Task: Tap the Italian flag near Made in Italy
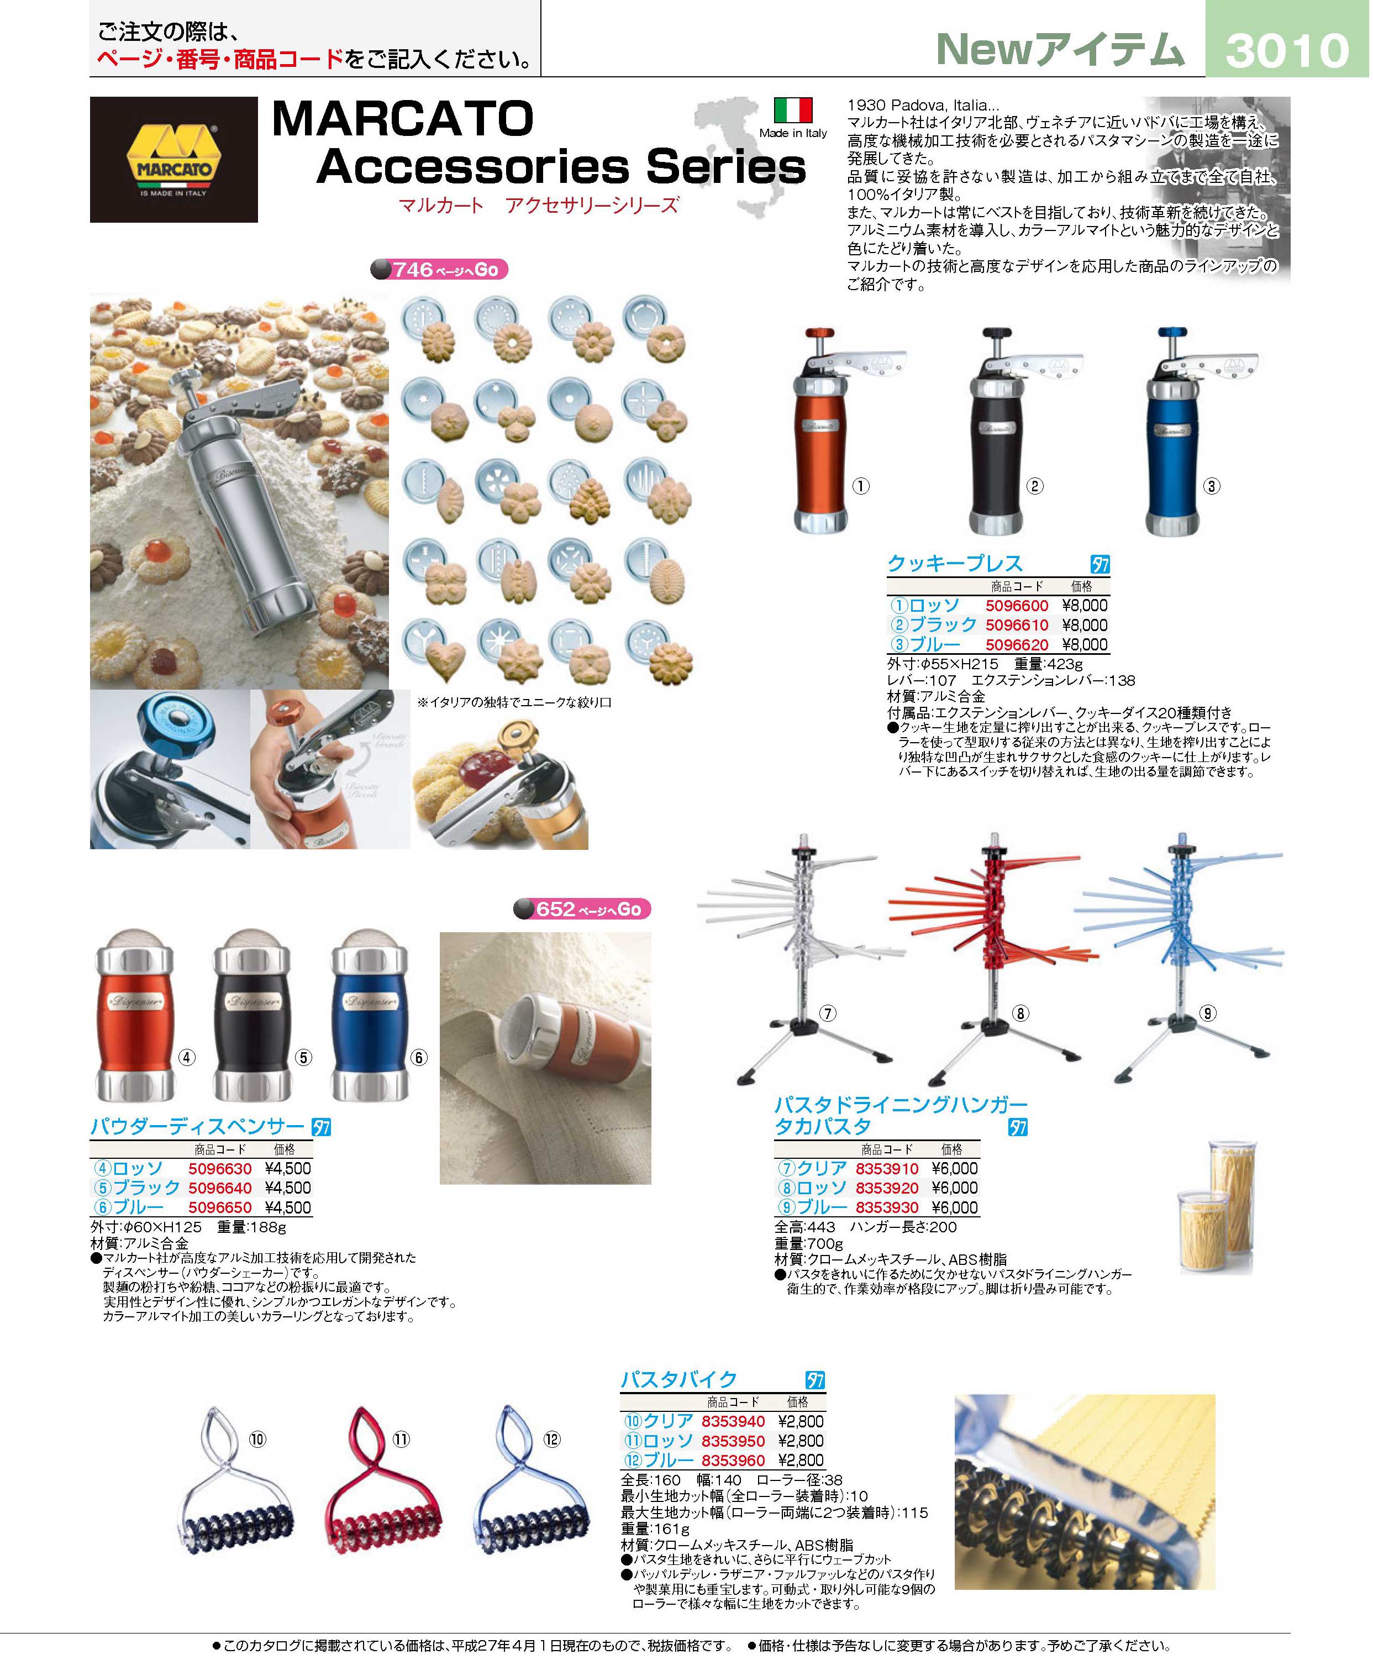coord(793,110)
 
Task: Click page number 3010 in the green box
coord(1287,50)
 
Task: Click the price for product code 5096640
coord(288,1188)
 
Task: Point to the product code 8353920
coord(887,1188)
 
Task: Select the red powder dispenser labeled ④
coord(134,1016)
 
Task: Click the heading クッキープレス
coord(955,564)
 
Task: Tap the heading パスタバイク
coord(678,1380)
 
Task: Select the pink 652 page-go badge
coord(582,910)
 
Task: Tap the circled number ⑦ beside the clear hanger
coord(827,1013)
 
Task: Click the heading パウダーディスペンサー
coord(198,1126)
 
